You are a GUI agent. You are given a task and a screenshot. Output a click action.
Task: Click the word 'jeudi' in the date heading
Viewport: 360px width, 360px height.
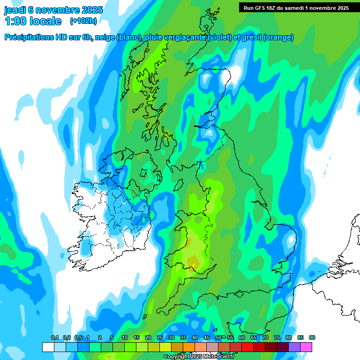click(x=15, y=10)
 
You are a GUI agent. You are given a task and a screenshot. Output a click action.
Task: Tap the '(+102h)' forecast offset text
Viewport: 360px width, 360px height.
click(x=83, y=21)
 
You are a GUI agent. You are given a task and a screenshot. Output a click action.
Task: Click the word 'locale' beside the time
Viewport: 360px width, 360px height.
click(x=45, y=21)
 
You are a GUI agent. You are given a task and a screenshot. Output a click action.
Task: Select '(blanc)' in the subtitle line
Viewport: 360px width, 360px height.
click(x=128, y=37)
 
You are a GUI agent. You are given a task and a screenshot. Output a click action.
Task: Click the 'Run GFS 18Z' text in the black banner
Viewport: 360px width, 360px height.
click(x=261, y=7)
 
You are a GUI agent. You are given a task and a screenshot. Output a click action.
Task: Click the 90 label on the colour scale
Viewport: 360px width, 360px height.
click(x=312, y=337)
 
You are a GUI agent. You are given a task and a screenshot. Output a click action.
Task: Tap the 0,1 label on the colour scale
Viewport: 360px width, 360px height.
click(x=55, y=337)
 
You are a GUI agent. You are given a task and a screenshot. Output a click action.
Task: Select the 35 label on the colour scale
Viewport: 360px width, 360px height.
click(x=183, y=337)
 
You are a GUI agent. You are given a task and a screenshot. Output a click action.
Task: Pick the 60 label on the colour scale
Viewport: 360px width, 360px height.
click(x=242, y=337)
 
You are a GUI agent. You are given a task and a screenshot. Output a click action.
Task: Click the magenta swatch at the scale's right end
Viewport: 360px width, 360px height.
click(x=306, y=347)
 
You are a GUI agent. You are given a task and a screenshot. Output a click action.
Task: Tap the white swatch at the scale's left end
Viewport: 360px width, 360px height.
click(x=48, y=347)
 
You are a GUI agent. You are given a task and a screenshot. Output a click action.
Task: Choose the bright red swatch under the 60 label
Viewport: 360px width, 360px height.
click(x=247, y=347)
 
